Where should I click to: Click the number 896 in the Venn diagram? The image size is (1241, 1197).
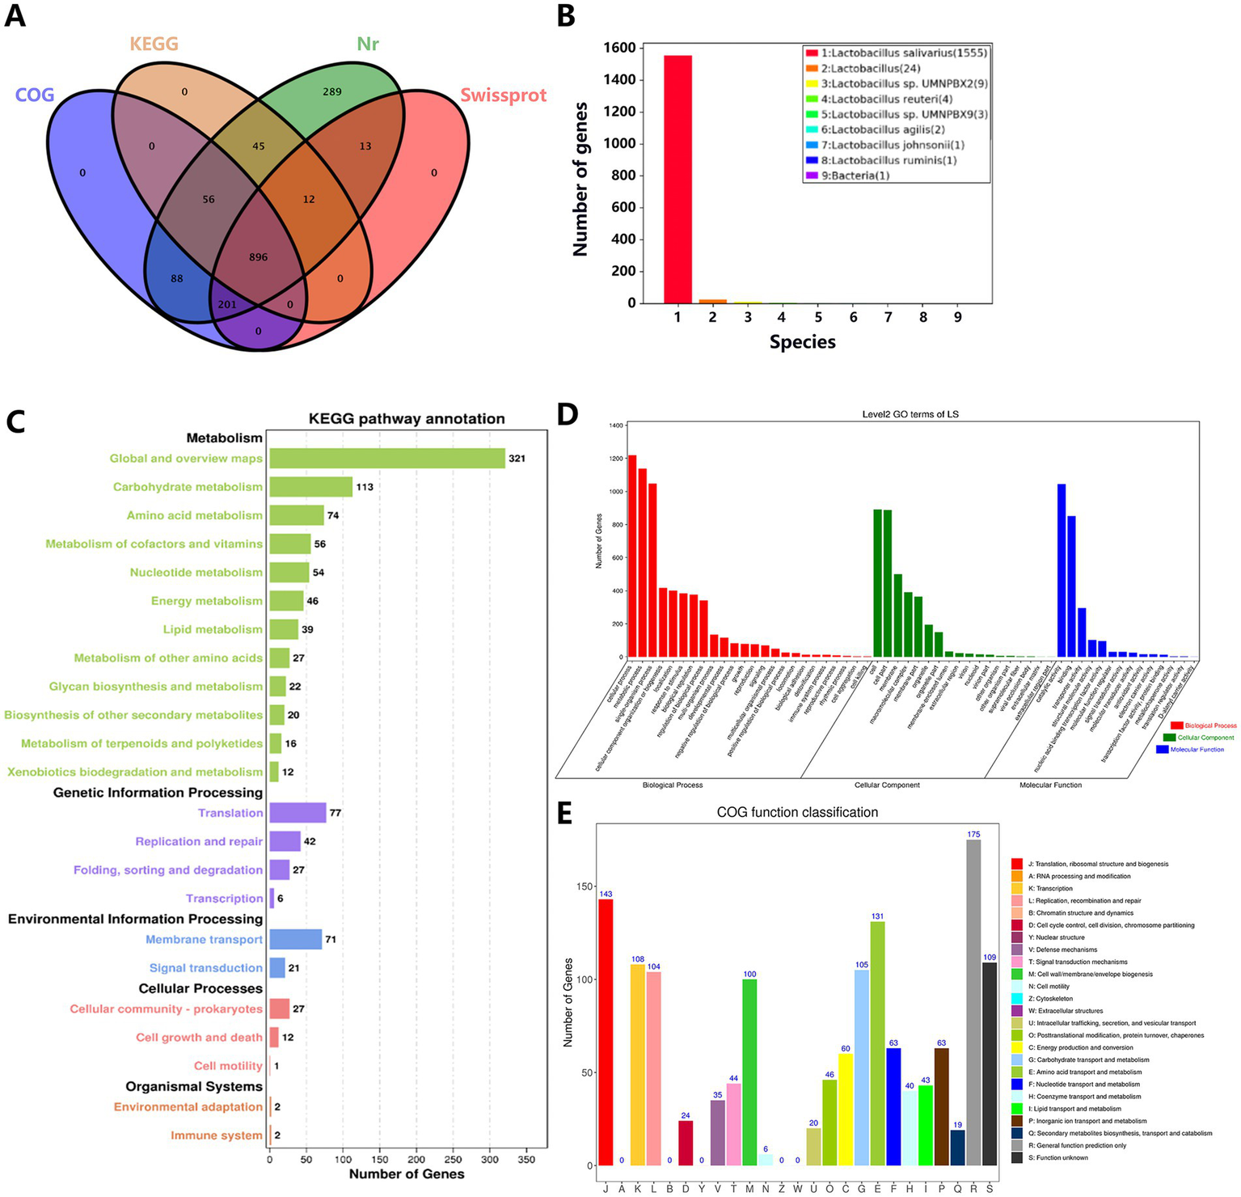click(x=258, y=257)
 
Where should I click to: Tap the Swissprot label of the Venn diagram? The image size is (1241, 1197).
click(x=503, y=95)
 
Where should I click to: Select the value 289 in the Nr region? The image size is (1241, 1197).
click(x=332, y=91)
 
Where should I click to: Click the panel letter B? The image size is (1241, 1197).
click(x=566, y=16)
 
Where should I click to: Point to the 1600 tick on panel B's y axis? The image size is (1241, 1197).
click(x=618, y=48)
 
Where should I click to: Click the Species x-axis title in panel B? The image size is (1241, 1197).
click(x=802, y=342)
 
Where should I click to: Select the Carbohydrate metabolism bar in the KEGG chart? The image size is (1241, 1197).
click(x=310, y=487)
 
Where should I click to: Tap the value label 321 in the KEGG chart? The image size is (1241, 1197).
click(x=517, y=459)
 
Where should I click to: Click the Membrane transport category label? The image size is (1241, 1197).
click(x=204, y=940)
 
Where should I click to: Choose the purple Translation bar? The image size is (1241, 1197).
click(x=298, y=813)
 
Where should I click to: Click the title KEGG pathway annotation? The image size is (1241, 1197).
click(x=407, y=419)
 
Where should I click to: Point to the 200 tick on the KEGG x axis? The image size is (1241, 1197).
click(x=416, y=1159)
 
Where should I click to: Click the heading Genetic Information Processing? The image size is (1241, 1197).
click(x=158, y=793)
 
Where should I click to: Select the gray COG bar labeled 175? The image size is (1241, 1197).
click(x=973, y=1003)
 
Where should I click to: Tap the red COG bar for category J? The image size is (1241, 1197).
click(x=606, y=1032)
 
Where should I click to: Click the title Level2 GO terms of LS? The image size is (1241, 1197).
click(x=910, y=415)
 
